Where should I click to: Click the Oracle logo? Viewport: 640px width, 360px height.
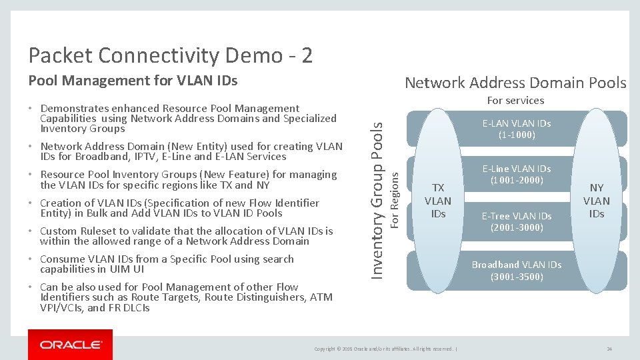pyautogui.click(x=70, y=345)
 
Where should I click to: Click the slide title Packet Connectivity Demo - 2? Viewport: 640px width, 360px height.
pyautogui.click(x=170, y=55)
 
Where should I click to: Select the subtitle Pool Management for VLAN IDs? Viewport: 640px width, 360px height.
pyautogui.click(x=132, y=81)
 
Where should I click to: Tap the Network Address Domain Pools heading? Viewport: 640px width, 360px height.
pyautogui.click(x=515, y=83)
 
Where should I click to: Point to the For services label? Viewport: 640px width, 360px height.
pyautogui.click(x=515, y=101)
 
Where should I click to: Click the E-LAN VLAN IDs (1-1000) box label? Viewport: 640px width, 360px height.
pyautogui.click(x=517, y=129)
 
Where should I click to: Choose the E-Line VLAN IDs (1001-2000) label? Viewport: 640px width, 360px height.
pyautogui.click(x=517, y=175)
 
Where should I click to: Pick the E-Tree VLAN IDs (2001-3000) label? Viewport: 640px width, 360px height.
pyautogui.click(x=517, y=221)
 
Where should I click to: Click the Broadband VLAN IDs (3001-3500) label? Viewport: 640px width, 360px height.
pyautogui.click(x=517, y=270)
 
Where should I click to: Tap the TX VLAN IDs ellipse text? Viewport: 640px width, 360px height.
pyautogui.click(x=438, y=201)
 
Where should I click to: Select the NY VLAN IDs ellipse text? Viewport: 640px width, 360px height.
pyautogui.click(x=596, y=201)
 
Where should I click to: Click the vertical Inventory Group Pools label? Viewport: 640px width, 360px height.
pyautogui.click(x=377, y=193)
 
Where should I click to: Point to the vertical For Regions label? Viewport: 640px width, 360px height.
pyautogui.click(x=394, y=198)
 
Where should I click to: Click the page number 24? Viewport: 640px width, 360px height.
pyautogui.click(x=609, y=349)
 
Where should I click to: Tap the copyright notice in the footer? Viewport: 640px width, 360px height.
pyautogui.click(x=385, y=349)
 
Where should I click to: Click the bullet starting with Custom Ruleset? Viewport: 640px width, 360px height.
pyautogui.click(x=186, y=236)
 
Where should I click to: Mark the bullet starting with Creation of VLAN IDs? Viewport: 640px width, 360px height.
pyautogui.click(x=179, y=208)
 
